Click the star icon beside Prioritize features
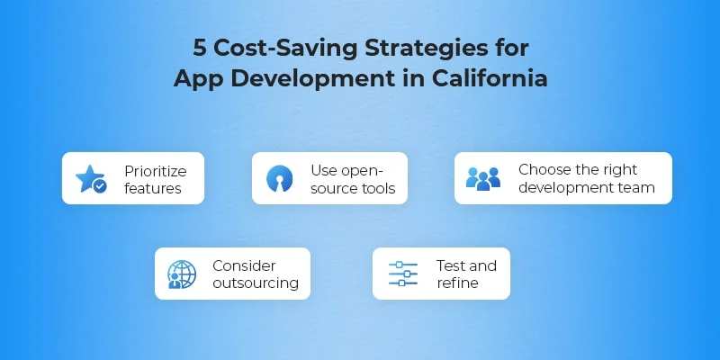[x=91, y=179]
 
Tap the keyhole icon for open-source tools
[x=280, y=179]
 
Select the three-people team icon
[x=483, y=178]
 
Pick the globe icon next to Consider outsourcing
[x=182, y=274]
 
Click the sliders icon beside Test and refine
[x=403, y=274]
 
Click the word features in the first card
[x=153, y=188]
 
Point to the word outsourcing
[x=256, y=283]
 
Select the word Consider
[x=244, y=265]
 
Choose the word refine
[x=457, y=283]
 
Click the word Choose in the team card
[x=542, y=169]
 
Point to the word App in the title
[x=197, y=77]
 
